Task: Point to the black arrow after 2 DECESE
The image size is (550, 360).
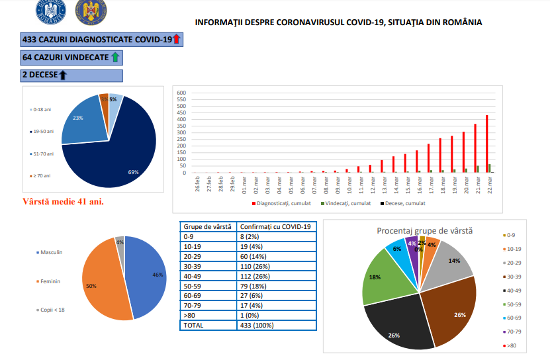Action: tap(64, 75)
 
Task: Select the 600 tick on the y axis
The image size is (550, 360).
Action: tap(181, 93)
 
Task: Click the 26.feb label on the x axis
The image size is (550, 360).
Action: tap(197, 183)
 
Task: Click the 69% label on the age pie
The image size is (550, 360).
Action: tap(133, 172)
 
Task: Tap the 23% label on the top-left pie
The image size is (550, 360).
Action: tap(78, 118)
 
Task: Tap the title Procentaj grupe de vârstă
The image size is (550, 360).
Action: tap(424, 230)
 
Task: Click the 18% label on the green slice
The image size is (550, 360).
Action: tap(375, 277)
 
